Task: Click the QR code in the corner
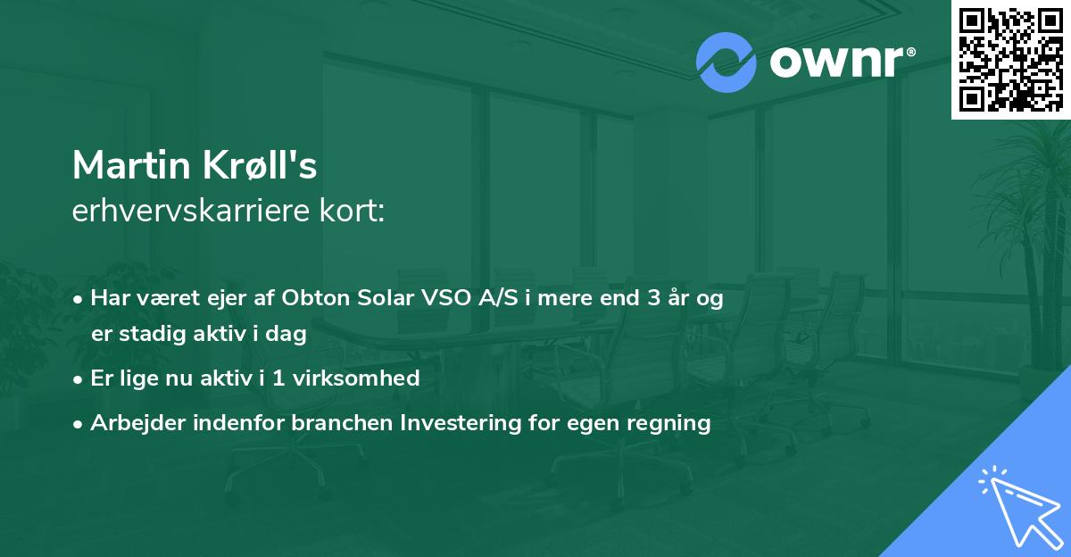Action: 1010,59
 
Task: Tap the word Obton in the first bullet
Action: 312,299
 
